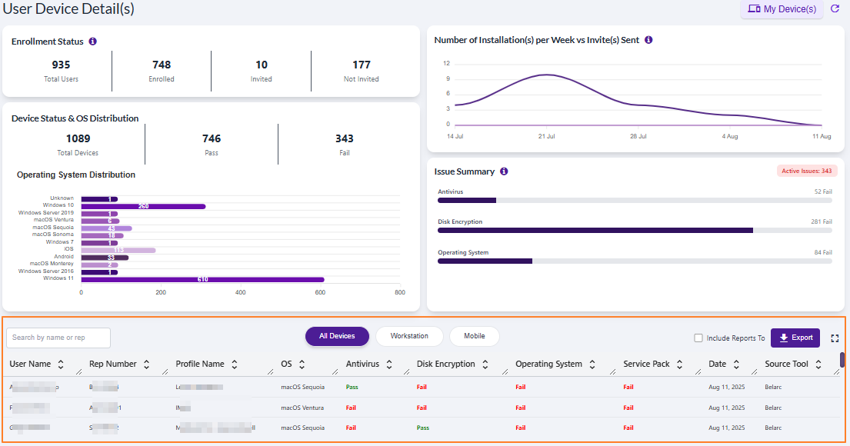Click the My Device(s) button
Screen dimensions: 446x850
(782, 9)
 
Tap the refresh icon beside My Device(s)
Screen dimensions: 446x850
(835, 9)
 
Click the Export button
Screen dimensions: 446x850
(795, 338)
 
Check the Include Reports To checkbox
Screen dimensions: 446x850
(698, 338)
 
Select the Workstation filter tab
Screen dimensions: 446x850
(409, 336)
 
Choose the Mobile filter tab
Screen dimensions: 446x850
(474, 336)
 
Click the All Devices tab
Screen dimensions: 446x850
(337, 336)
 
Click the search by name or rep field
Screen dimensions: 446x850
(58, 338)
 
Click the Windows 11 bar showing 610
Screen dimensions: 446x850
(202, 279)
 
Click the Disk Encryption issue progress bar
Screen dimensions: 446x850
(595, 230)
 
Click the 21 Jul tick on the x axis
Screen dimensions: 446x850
(545, 136)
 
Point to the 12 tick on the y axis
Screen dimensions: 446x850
(446, 64)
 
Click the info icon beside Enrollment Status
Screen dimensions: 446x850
(92, 42)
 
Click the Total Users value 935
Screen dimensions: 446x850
(61, 65)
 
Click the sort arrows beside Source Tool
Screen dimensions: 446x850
(818, 364)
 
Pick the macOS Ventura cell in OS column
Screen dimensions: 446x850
(302, 408)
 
